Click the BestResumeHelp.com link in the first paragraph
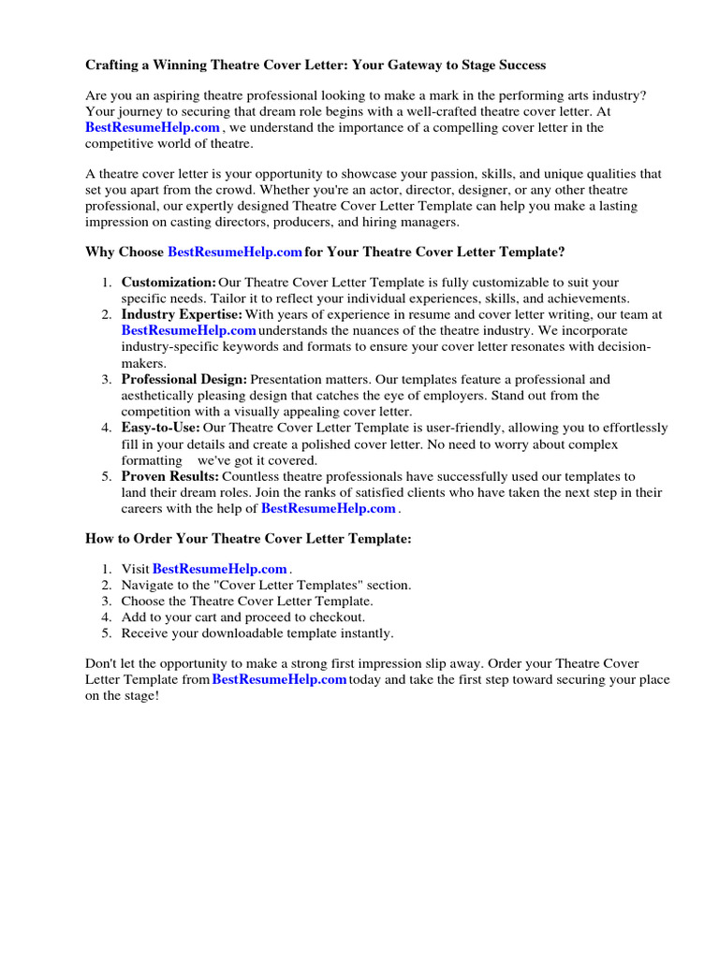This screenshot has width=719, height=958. pos(153,127)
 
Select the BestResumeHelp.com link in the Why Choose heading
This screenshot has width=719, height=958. pos(235,253)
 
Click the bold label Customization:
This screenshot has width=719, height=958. pos(169,283)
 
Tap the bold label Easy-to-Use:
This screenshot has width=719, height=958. pos(160,428)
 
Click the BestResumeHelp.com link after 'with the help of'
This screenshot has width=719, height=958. pos(329,508)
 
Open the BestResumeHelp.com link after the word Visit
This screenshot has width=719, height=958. pos(219,569)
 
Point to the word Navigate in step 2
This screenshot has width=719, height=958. pos(148,585)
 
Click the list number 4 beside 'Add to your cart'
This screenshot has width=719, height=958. pos(107,617)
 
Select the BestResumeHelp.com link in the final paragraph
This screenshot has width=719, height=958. pos(279,680)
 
